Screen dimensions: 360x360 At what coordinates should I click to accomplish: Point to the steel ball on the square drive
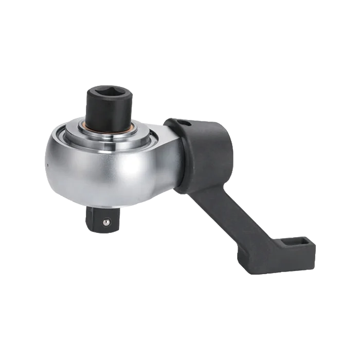(x=105, y=222)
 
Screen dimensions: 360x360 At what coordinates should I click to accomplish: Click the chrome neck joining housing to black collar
(x=172, y=154)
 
